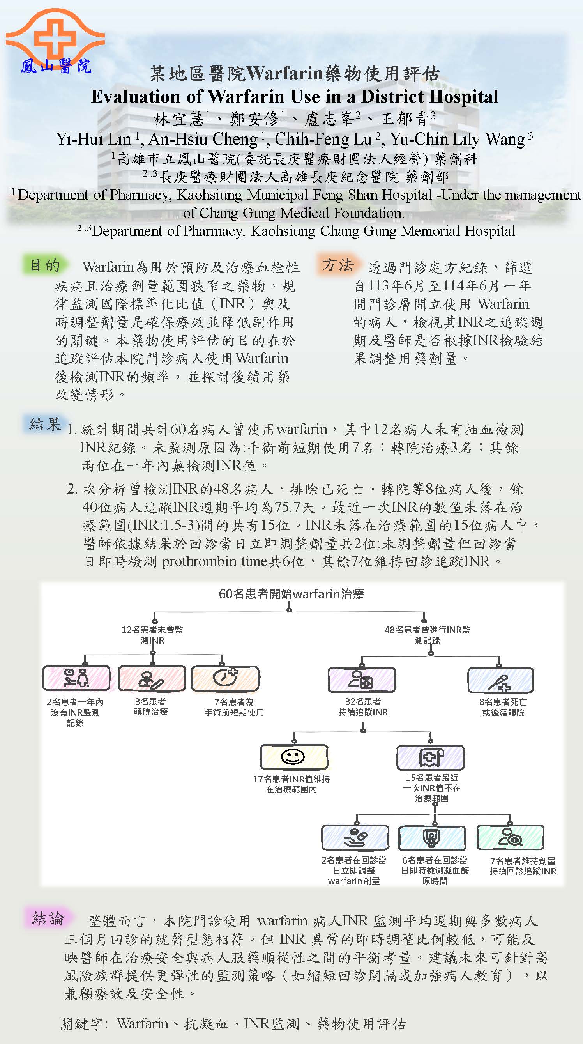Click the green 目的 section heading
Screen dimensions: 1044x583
[x=45, y=265]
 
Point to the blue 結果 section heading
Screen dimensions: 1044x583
[x=45, y=424]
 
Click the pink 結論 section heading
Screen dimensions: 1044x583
[x=48, y=918]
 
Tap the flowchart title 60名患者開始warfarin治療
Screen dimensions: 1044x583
[x=291, y=594]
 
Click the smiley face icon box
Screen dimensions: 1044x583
[x=293, y=757]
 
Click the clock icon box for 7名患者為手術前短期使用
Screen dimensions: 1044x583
[x=225, y=678]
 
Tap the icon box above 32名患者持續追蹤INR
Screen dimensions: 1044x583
[x=361, y=679]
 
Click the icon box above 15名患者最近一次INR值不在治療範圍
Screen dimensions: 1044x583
[x=430, y=757]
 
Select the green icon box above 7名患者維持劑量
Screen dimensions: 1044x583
[x=511, y=837]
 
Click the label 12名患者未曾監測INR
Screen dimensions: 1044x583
[x=152, y=635]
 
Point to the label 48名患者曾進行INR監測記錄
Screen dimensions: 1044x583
[x=427, y=635]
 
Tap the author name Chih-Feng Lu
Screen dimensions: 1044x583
[x=323, y=139]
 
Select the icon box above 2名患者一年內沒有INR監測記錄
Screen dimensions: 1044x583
[x=76, y=678]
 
